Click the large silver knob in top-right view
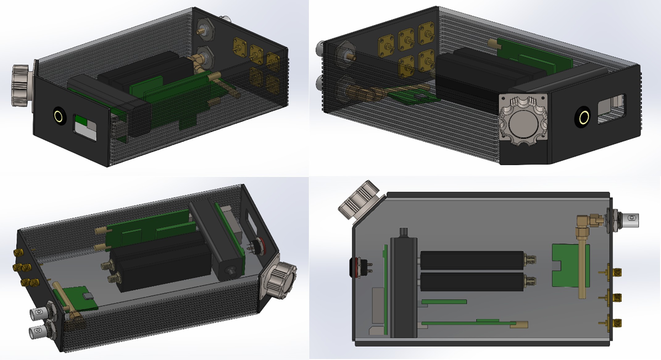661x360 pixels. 522,122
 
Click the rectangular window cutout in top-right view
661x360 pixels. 611,109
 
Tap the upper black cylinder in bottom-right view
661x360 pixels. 472,259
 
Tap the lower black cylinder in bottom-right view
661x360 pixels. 472,281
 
